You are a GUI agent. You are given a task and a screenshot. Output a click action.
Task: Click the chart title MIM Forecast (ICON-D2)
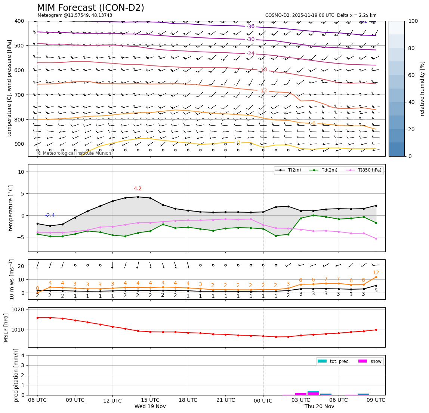point(90,8)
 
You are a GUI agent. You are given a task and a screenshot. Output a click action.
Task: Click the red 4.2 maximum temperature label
point(138,189)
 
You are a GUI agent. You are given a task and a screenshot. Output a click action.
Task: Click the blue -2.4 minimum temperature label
point(50,216)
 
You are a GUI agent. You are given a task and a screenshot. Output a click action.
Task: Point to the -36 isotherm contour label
point(250,27)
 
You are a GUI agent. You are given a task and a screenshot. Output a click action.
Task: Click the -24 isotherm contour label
point(250,54)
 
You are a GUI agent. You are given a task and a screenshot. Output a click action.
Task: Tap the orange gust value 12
point(376,273)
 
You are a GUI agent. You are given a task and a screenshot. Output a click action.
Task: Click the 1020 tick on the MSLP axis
point(19,309)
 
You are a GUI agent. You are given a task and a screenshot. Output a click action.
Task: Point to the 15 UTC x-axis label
point(150,400)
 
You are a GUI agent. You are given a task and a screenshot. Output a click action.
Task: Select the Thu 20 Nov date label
point(319,407)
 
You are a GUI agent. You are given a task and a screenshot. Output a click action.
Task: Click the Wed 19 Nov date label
point(150,407)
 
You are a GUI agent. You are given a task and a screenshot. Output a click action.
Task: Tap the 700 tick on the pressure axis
point(19,95)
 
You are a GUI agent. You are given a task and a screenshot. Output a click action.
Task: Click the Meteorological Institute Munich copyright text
point(74,153)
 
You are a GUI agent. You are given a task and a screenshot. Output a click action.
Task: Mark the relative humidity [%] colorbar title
point(422,89)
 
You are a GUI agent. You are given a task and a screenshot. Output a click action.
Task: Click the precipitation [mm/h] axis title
point(16,375)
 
